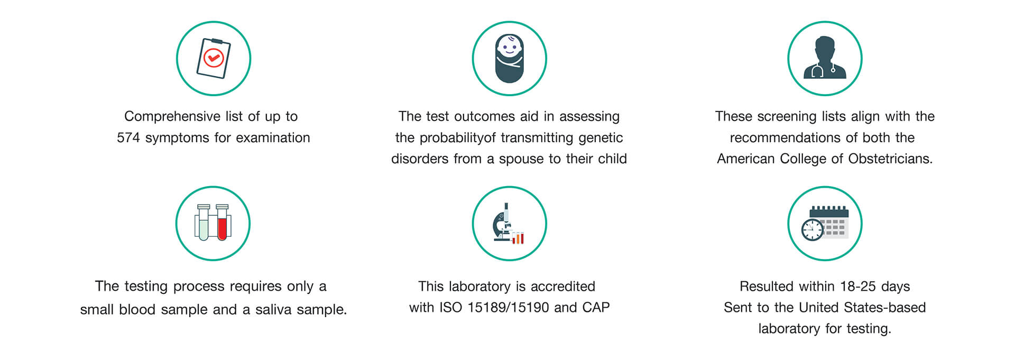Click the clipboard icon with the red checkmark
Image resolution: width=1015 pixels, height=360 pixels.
pyautogui.click(x=214, y=58)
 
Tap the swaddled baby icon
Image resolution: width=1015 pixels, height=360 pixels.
pyautogui.click(x=509, y=59)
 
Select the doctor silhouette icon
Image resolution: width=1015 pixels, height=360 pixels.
pyautogui.click(x=825, y=58)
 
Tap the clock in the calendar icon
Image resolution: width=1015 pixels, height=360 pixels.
pyautogui.click(x=813, y=230)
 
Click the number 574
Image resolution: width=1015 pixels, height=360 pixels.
pyautogui.click(x=128, y=138)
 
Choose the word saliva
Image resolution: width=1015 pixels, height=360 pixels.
pyautogui.click(x=273, y=309)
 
